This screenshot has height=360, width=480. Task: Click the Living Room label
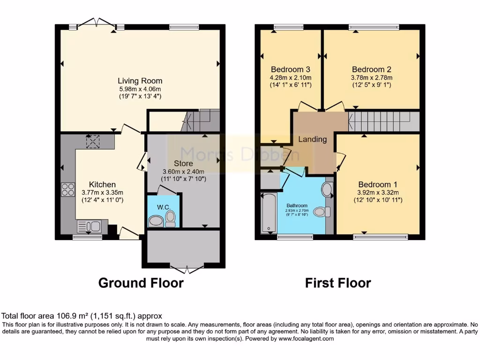coord(140,81)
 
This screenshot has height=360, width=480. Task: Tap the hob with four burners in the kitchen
coord(68,189)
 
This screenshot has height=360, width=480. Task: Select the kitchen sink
coord(89,226)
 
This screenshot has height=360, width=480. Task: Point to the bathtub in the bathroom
coord(269,213)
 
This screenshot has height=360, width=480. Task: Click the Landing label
coord(312,139)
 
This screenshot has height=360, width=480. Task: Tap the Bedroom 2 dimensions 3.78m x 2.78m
coord(372,78)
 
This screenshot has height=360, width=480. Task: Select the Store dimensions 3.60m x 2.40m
coord(183,172)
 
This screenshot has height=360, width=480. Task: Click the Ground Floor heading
coord(141,283)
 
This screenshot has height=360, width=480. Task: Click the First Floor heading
coord(338,283)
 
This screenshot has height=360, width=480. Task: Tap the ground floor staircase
coord(201,120)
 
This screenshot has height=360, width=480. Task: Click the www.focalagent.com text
coord(306,339)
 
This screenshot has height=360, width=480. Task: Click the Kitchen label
coord(102,185)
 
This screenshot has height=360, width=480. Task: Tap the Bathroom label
coord(297,205)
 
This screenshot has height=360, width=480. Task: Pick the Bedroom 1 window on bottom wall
coord(380,237)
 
